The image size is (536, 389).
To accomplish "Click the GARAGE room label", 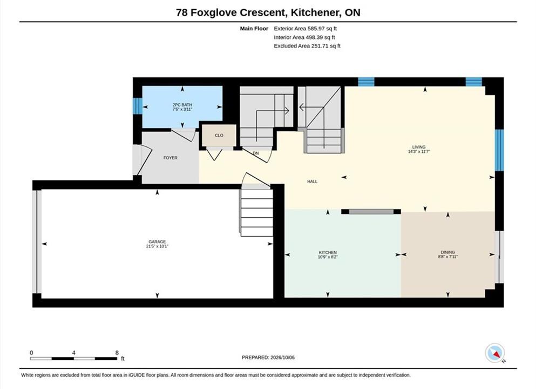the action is [x=157, y=242].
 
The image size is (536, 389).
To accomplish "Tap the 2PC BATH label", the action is [x=182, y=105].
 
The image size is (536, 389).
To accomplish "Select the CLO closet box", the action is [x=219, y=136].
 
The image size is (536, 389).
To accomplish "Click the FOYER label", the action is [x=170, y=158].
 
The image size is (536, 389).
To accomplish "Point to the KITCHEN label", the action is [x=328, y=252].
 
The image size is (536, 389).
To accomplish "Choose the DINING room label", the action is [x=448, y=252].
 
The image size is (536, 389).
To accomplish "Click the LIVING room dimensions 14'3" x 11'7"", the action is [x=419, y=151].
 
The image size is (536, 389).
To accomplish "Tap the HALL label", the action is [x=312, y=182].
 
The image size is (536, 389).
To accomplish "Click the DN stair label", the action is [x=256, y=153].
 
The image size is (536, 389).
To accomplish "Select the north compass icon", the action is [x=494, y=353].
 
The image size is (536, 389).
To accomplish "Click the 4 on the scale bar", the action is [x=74, y=353].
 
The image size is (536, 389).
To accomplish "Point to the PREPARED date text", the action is [x=268, y=358].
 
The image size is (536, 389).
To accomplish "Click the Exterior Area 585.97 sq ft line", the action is [x=306, y=29].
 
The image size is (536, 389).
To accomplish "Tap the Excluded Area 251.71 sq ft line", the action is [x=307, y=46].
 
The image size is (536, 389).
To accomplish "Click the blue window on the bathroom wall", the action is [x=137, y=106].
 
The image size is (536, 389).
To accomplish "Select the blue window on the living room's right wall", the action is [x=499, y=150].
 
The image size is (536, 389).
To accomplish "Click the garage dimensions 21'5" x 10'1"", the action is [x=157, y=246].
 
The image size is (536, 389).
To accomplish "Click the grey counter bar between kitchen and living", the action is [x=371, y=212].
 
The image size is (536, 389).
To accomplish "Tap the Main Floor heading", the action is [x=254, y=29].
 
